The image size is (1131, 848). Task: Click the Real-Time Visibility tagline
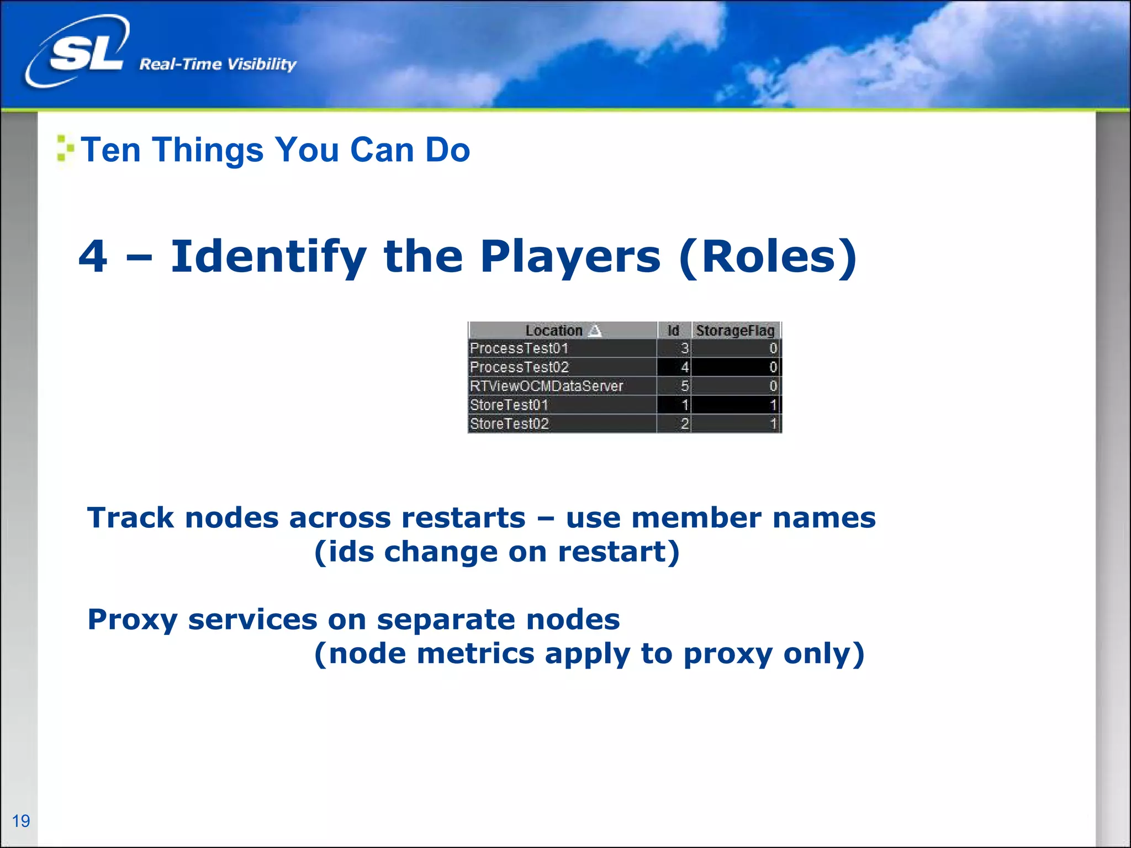click(x=218, y=64)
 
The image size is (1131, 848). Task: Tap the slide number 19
click(x=21, y=821)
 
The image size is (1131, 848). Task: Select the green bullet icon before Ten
click(x=65, y=149)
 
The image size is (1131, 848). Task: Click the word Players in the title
click(x=570, y=257)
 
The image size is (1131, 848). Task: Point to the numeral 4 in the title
click(x=93, y=257)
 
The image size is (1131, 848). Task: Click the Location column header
click(x=553, y=331)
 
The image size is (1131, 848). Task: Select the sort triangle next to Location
click(x=595, y=331)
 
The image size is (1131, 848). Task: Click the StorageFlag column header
click(x=735, y=331)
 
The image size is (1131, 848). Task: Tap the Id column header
click(x=673, y=331)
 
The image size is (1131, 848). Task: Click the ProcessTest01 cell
click(x=519, y=348)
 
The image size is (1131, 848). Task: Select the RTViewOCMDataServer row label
click(x=546, y=386)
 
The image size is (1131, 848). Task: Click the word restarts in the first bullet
click(x=462, y=518)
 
